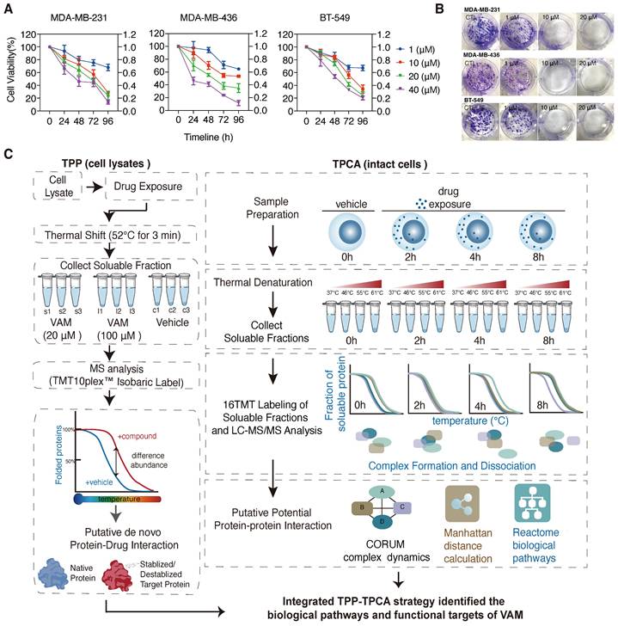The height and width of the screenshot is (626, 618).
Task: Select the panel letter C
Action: (9, 154)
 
